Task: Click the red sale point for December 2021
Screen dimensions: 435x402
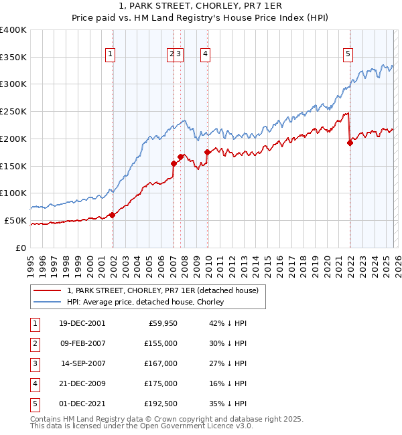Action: point(350,142)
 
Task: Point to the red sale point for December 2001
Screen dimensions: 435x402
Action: point(113,215)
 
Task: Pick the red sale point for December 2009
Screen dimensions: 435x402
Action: point(208,152)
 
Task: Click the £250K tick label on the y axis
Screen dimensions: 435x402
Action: point(13,111)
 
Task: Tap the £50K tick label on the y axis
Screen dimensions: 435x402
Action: point(15,220)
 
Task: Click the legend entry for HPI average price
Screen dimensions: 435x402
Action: point(145,302)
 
